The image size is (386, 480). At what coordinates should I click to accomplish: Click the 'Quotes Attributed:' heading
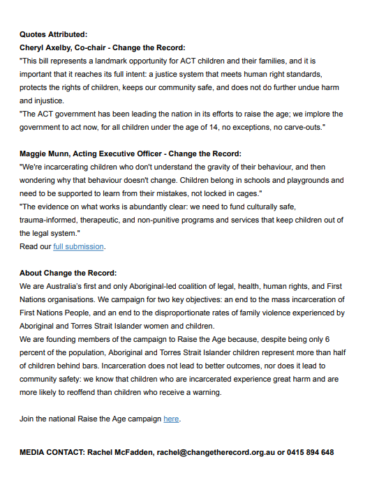click(53, 33)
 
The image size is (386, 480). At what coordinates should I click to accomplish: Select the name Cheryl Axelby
click(48, 47)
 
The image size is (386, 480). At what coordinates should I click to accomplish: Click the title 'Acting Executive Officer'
click(114, 153)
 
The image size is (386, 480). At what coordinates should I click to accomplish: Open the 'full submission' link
click(78, 246)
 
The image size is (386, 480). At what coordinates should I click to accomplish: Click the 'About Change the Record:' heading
click(68, 273)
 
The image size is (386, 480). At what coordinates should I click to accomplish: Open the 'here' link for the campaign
click(171, 419)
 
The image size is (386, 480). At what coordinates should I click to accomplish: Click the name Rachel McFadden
click(118, 452)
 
